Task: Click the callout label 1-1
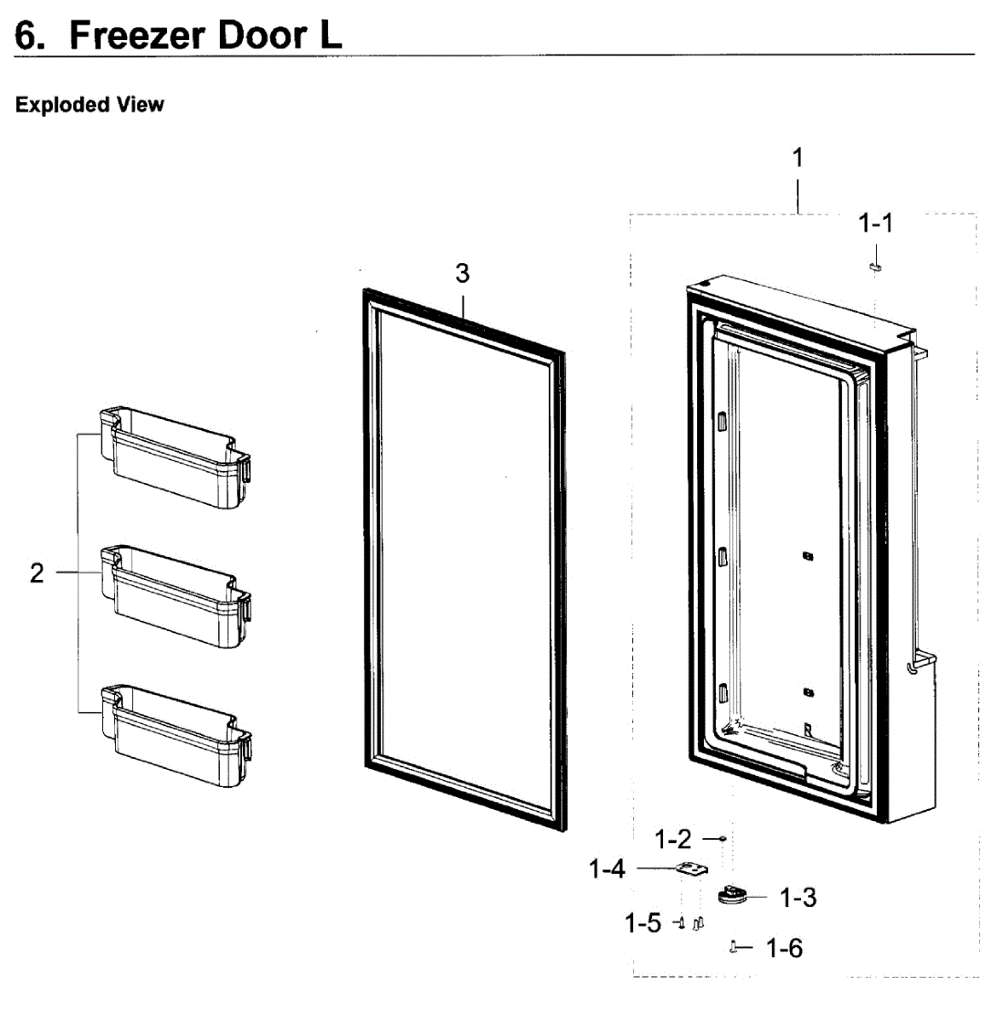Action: [875, 224]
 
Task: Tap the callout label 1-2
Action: [672, 840]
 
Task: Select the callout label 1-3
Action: [798, 898]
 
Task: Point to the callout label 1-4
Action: [607, 869]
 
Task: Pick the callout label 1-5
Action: [643, 923]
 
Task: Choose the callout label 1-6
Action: [784, 948]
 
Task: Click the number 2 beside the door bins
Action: [37, 573]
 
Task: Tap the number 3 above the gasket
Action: [462, 273]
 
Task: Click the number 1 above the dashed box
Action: [798, 158]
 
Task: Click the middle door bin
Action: [176, 596]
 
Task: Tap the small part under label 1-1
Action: [874, 267]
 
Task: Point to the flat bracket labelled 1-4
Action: [692, 870]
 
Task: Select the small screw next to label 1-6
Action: [735, 947]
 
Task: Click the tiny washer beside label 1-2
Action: [722, 840]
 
